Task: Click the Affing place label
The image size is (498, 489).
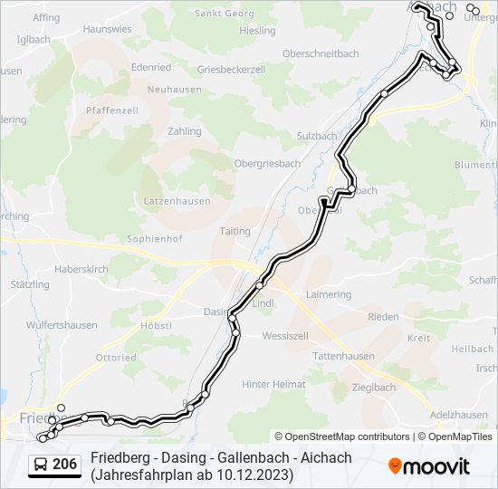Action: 45,17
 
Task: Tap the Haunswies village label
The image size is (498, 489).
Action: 107,29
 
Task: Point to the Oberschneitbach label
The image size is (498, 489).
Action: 321,53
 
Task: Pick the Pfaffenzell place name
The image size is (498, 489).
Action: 111,110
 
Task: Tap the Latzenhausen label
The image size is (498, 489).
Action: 177,201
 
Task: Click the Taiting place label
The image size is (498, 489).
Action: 235,231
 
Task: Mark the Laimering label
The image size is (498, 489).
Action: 329,294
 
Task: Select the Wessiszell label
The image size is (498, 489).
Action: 285,336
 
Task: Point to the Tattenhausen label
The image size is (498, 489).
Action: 342,356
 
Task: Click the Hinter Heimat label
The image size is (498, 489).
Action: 273,384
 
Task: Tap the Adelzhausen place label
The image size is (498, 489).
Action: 459,414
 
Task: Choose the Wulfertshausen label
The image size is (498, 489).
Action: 62,325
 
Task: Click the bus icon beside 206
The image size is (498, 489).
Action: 41,465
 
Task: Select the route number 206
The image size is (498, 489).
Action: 65,465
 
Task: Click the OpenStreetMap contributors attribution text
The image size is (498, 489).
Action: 348,436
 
